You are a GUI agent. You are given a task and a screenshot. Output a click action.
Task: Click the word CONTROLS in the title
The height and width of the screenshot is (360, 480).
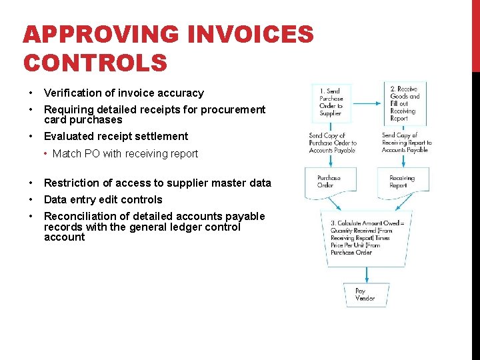95,63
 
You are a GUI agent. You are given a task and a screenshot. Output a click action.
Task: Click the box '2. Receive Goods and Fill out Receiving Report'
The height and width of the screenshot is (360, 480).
407,102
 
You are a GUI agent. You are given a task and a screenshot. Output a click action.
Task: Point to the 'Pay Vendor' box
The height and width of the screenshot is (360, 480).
366,295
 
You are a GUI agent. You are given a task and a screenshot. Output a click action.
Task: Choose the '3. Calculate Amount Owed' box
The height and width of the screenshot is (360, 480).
366,239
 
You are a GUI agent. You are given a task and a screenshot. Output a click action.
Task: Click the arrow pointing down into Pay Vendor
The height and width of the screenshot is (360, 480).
367,275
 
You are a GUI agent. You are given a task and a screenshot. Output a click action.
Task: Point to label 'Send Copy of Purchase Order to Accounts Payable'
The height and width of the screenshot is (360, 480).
333,143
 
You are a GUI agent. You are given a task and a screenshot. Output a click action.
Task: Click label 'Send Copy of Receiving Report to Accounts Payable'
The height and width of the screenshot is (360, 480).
407,143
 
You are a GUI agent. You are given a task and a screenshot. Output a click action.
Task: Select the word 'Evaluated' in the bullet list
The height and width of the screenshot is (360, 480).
69,137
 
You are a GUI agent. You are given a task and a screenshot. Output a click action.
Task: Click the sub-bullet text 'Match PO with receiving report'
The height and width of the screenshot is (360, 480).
125,154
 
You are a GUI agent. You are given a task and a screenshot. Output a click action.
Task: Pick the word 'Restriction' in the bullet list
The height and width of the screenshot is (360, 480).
71,183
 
